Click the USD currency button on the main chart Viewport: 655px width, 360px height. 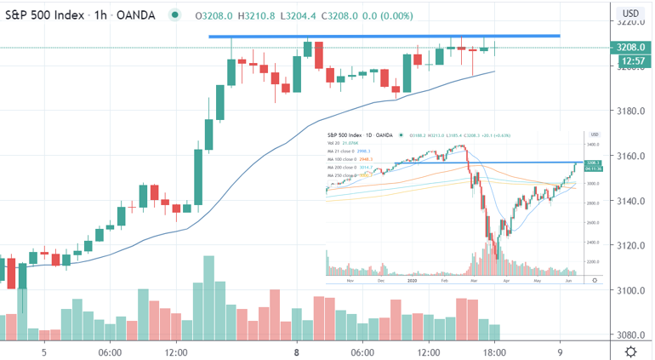point(631,13)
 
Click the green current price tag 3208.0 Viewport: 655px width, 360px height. point(632,48)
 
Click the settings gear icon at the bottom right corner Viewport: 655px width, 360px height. point(632,351)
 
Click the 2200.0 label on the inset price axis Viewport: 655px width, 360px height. point(594,262)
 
